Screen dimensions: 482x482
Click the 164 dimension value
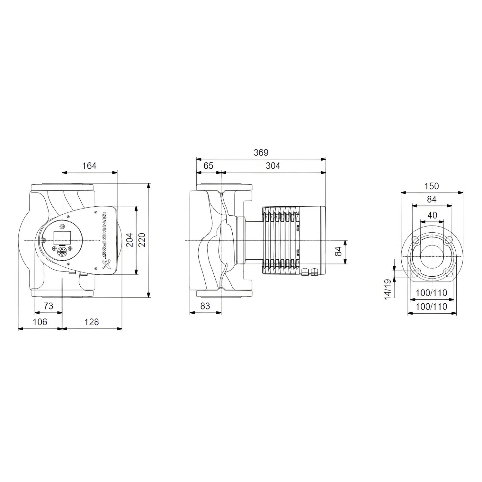click(x=89, y=166)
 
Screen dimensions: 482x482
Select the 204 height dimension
click(x=129, y=240)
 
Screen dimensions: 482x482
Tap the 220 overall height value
click(x=142, y=240)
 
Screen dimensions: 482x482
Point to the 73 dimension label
click(x=48, y=306)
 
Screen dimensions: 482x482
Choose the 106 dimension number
click(x=40, y=322)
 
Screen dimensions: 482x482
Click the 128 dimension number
click(x=92, y=322)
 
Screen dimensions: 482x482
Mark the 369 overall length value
click(x=261, y=152)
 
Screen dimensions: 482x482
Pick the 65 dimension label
click(x=208, y=166)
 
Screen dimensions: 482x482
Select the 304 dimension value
click(x=273, y=166)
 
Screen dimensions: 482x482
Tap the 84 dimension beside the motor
click(x=338, y=252)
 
